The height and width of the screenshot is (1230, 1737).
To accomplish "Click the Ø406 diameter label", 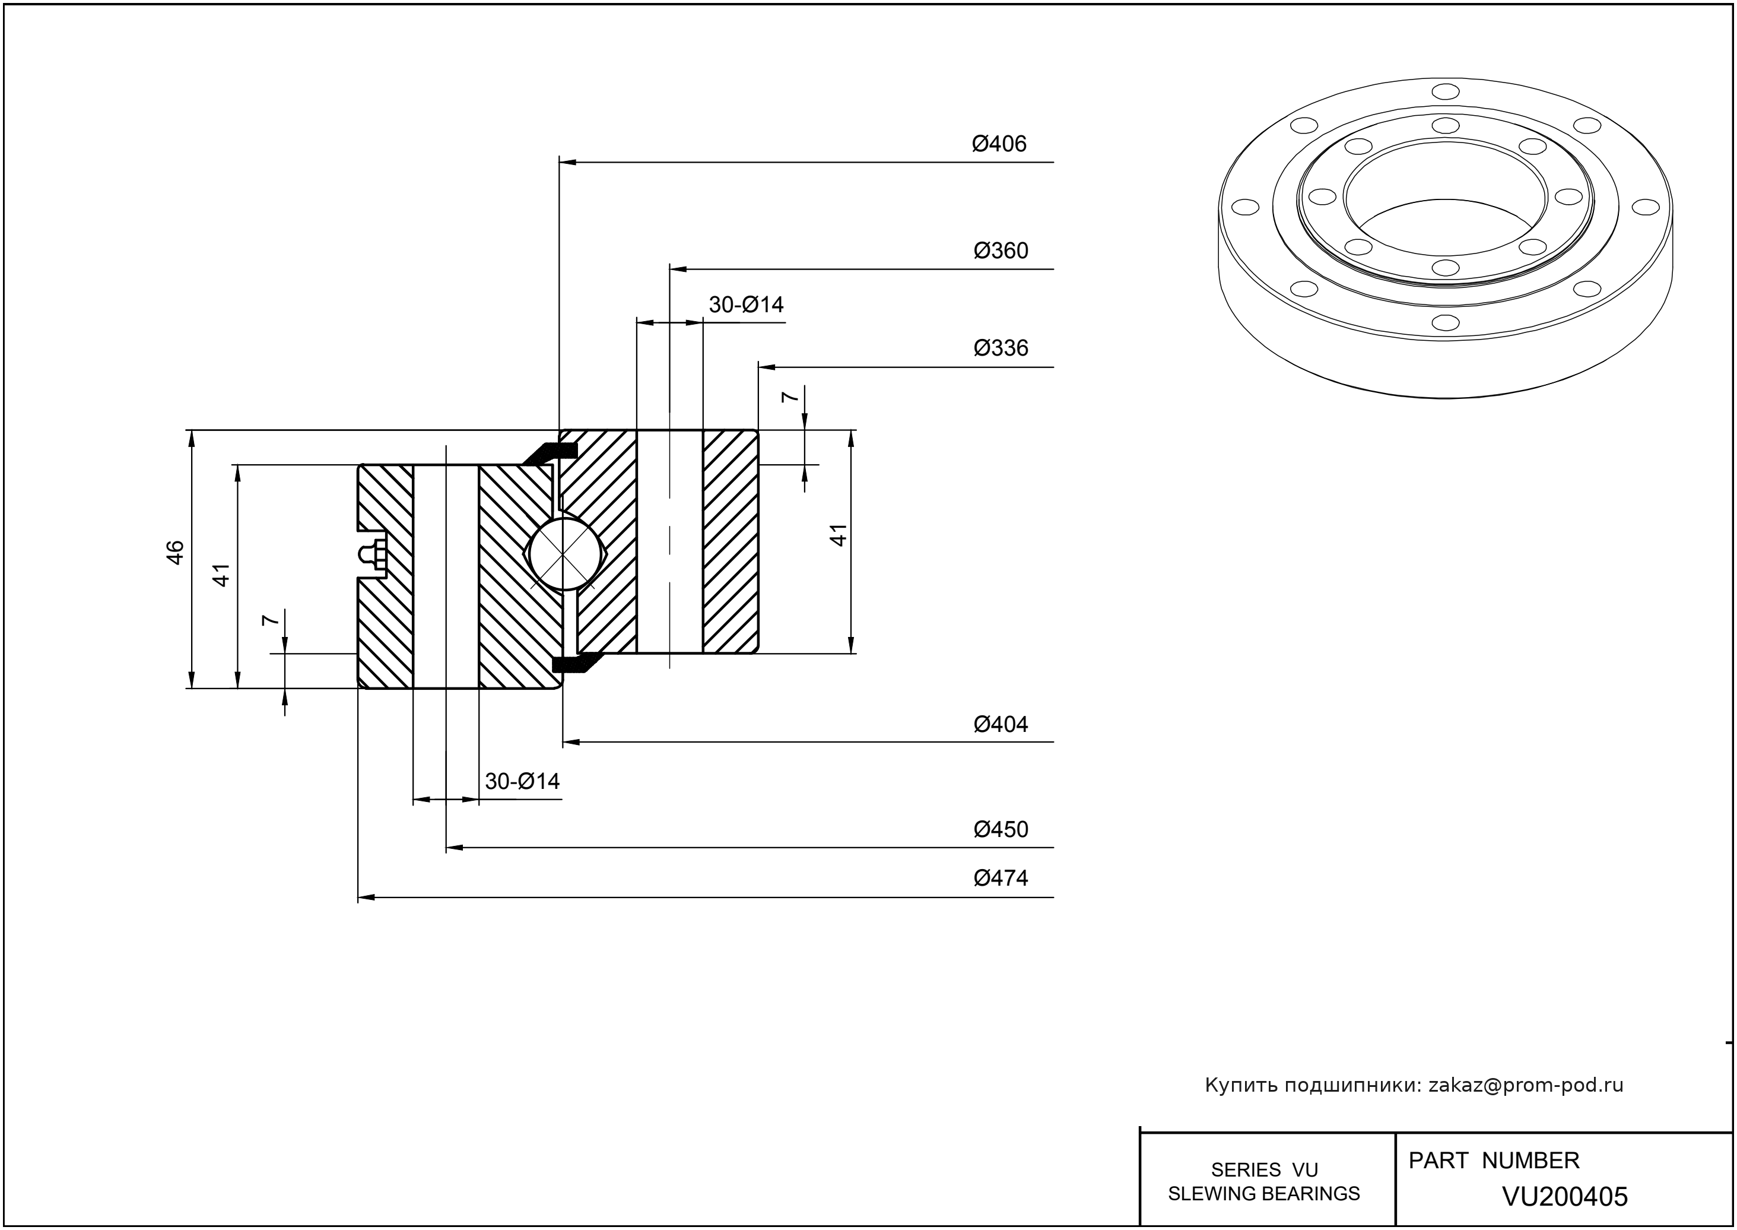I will click(x=999, y=144).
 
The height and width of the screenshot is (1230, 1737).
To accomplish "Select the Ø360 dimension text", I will click(x=1001, y=251).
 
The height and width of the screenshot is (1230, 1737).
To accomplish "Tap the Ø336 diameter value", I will click(x=1001, y=348).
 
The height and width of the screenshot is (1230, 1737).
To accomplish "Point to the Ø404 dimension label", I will click(x=1001, y=725).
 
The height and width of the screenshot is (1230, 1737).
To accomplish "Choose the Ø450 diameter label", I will click(x=1001, y=829).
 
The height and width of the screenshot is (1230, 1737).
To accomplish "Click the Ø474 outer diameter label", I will click(x=1001, y=879).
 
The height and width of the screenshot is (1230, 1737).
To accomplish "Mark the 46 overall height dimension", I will click(x=176, y=552).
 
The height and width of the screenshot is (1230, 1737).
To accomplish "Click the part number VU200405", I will click(x=1564, y=1197).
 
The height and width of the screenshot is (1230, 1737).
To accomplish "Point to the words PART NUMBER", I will click(x=1493, y=1161).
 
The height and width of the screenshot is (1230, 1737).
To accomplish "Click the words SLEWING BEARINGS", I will click(x=1264, y=1194).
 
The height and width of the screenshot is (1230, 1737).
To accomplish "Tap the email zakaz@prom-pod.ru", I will click(x=1525, y=1085).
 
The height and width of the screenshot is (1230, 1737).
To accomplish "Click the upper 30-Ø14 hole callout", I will click(x=746, y=305).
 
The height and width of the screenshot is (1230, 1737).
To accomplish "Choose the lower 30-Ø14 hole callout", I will click(x=522, y=781).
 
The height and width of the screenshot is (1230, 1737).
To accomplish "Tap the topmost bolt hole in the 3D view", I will click(x=1446, y=91).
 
